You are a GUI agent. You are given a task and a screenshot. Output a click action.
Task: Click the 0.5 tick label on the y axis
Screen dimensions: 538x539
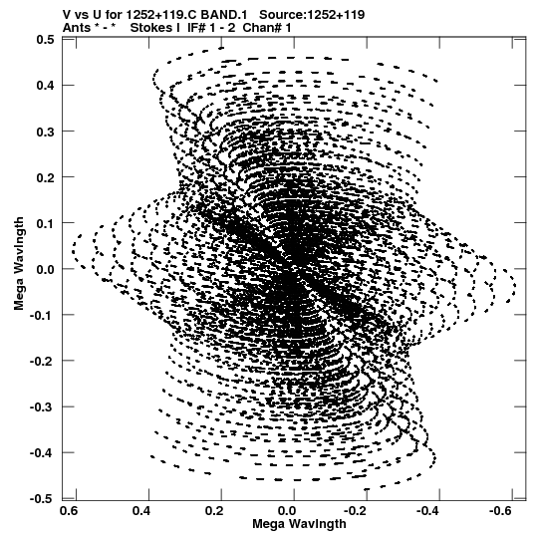click(45, 40)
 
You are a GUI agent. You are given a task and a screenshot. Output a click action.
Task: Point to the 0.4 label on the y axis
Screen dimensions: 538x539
click(45, 85)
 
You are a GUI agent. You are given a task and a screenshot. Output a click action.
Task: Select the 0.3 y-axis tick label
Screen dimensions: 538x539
click(45, 131)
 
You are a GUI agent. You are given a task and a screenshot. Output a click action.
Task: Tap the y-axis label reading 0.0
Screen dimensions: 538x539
click(45, 269)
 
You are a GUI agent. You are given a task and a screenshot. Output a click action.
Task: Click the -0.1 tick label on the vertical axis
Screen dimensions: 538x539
click(42, 315)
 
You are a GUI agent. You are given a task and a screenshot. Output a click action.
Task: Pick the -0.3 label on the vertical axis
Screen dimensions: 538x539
click(42, 406)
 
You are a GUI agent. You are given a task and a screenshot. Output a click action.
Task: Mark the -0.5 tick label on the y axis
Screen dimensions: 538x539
click(42, 498)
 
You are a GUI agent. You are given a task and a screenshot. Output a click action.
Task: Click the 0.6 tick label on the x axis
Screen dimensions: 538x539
click(69, 511)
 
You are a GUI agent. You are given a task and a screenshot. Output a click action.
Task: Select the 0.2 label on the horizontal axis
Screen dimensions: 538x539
click(214, 511)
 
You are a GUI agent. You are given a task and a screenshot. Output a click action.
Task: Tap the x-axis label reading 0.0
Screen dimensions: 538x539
click(286, 511)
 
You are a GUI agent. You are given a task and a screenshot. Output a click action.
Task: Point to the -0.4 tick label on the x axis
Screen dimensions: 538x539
click(428, 511)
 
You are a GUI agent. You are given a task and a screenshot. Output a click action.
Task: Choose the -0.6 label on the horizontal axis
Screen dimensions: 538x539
click(501, 511)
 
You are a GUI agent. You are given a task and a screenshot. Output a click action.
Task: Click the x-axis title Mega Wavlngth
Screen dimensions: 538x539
click(299, 524)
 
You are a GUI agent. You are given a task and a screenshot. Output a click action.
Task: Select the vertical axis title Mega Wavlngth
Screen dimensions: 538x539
click(19, 263)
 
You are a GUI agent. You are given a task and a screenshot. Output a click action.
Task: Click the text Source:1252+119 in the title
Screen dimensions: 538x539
click(312, 15)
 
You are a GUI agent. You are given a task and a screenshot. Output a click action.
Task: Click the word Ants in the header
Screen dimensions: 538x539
click(77, 28)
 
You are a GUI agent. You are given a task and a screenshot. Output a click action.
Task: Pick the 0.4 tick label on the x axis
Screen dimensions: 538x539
click(141, 511)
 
